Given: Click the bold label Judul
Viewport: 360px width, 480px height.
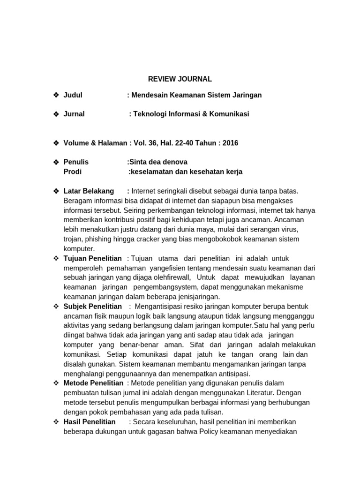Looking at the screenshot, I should (73, 95).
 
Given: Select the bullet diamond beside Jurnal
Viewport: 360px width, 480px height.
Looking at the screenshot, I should (56, 114).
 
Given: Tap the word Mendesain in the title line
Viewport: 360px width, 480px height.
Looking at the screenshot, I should (150, 95).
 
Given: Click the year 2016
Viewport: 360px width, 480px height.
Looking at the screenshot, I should (230, 143).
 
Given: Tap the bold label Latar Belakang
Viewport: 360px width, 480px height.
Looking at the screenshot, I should (89, 191).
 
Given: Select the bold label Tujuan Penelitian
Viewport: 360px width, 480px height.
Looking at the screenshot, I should (92, 258).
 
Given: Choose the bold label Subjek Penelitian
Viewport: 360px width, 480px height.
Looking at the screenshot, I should (92, 306).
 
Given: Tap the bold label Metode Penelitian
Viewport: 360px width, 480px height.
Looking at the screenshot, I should (93, 383).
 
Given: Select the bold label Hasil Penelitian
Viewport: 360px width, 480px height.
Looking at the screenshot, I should (89, 422).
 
